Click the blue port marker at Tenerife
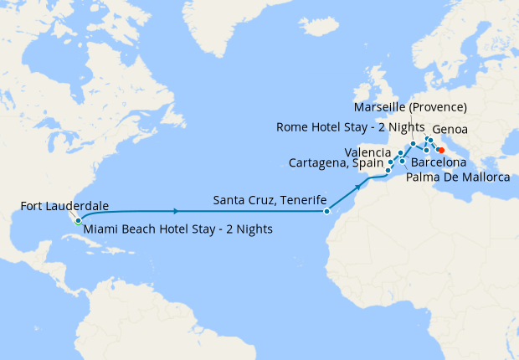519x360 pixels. click(x=327, y=211)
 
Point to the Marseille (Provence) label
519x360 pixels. click(x=411, y=107)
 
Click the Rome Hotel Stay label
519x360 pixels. click(x=343, y=127)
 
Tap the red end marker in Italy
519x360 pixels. click(x=441, y=151)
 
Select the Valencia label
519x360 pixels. click(x=367, y=152)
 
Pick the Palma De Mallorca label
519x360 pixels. click(x=458, y=178)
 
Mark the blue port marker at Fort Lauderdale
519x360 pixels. click(x=77, y=222)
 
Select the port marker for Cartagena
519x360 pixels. click(x=388, y=170)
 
